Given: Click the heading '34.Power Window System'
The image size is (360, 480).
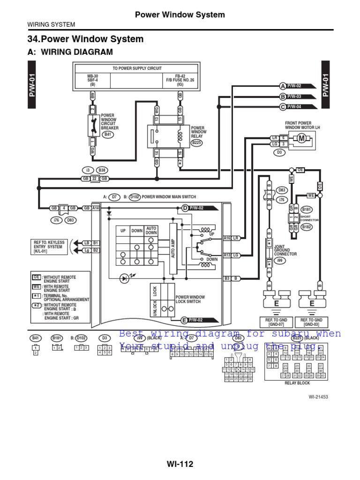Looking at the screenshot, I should point(86,39).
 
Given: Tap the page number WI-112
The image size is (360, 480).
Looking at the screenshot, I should point(180,464).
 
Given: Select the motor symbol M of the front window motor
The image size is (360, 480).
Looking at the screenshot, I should point(301,138).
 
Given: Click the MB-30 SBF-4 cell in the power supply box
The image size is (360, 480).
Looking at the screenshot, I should point(92,80).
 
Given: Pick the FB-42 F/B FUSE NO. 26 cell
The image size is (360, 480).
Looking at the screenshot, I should point(180,80).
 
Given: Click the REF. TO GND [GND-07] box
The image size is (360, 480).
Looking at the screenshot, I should point(275,322).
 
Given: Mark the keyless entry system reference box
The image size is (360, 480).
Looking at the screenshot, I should point(48,246).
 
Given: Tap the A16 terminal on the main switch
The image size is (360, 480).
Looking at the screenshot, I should point(227,238).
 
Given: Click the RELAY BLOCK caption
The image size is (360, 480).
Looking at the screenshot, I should point(298,383).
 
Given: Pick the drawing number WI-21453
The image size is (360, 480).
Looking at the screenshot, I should point(318,397).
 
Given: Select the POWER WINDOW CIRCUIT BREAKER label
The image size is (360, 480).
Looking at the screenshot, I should point(110,121).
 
